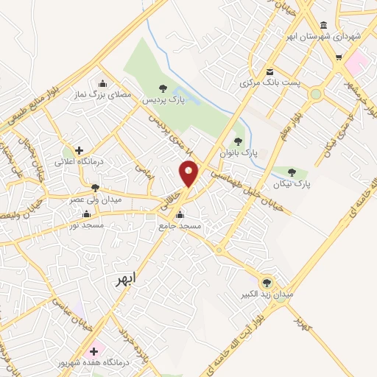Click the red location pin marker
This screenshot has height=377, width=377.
[x=189, y=174]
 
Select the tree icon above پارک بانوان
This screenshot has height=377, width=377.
[x=237, y=141]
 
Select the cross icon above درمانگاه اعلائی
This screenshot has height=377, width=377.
[x=79, y=150]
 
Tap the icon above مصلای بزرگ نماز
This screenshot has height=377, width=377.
[x=102, y=82]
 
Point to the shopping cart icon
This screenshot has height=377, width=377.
[x=339, y=57]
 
